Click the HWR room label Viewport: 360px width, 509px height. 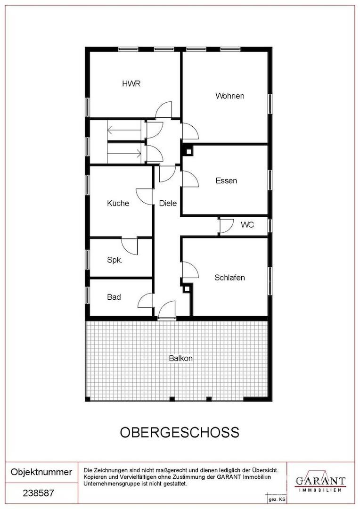pyautogui.click(x=131, y=83)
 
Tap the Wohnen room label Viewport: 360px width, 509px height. pyautogui.click(x=230, y=96)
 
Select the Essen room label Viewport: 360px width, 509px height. pyautogui.click(x=226, y=181)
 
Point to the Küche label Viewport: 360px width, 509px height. pyautogui.click(x=118, y=203)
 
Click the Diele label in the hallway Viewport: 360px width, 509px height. pyautogui.click(x=168, y=203)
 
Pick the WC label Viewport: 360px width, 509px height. pyautogui.click(x=247, y=225)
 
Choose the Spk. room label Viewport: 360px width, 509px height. pyautogui.click(x=115, y=260)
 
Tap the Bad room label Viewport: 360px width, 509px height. pyautogui.click(x=114, y=297)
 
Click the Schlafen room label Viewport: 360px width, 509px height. pyautogui.click(x=229, y=278)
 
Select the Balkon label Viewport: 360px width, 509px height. pyautogui.click(x=181, y=358)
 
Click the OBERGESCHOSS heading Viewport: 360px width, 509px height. pyautogui.click(x=180, y=432)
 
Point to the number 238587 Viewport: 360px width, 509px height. pyautogui.click(x=38, y=493)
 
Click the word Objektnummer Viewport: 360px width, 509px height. pyautogui.click(x=41, y=472)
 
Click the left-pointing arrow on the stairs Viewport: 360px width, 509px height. pyautogui.click(x=124, y=131)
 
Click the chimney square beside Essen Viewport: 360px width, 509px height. pyautogui.click(x=188, y=151)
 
